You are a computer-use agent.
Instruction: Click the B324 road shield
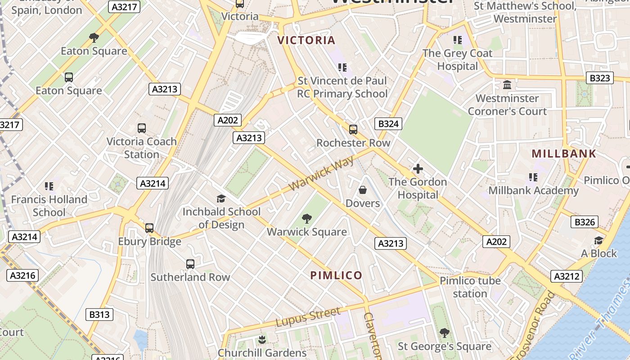click(388, 124)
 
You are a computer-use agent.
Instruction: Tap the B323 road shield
click(600, 78)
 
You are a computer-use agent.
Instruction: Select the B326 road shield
click(585, 222)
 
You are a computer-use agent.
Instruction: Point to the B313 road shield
click(99, 315)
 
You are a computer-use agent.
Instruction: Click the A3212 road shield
click(567, 276)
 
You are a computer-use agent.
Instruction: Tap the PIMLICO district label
click(336, 275)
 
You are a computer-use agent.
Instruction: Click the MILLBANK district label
click(564, 153)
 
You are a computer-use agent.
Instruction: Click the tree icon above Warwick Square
click(307, 219)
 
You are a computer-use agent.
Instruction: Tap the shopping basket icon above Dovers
click(363, 190)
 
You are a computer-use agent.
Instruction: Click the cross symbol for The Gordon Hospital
click(418, 169)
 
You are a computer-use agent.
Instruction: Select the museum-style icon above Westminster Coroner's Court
click(507, 85)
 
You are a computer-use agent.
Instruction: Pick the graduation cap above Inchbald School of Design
click(221, 198)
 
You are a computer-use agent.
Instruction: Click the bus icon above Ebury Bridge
click(149, 228)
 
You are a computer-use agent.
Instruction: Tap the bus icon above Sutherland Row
click(190, 264)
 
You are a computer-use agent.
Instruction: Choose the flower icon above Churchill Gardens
click(262, 339)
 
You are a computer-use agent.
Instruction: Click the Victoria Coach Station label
click(142, 148)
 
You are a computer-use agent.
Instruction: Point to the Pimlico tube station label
click(470, 287)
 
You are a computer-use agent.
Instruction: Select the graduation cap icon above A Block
click(598, 240)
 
